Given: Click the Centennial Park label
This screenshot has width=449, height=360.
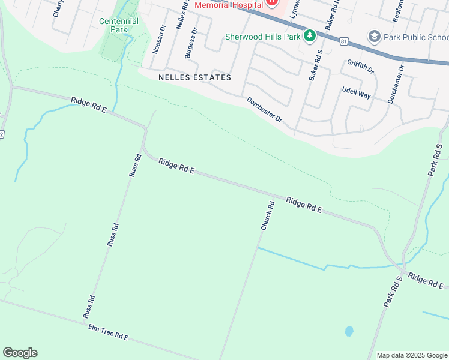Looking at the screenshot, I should tap(118, 25).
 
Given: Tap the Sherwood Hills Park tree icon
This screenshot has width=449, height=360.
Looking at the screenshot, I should tap(309, 36).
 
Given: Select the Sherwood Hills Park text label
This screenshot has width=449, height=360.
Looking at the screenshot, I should tap(262, 37).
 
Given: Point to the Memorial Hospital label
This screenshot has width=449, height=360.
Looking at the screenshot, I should tap(228, 5).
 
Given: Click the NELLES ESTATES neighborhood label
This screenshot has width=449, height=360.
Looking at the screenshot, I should tap(194, 77).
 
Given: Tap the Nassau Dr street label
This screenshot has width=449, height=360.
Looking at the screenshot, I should tap(158, 40).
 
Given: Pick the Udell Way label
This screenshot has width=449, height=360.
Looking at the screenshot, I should tap(357, 92).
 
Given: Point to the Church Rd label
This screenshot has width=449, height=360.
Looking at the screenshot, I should tap(268, 216).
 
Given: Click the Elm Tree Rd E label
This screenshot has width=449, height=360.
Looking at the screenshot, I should tap(108, 332).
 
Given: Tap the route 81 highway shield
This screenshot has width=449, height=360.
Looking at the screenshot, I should tap(343, 41).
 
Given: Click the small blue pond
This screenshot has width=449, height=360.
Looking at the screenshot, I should tap(349, 331).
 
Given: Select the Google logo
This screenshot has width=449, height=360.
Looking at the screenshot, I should tap(20, 353).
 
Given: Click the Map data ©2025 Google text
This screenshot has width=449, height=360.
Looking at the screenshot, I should tap(411, 355).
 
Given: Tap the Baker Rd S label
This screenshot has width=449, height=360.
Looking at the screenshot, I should tap(316, 66).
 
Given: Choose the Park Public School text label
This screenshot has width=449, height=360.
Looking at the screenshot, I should tap(415, 37).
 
